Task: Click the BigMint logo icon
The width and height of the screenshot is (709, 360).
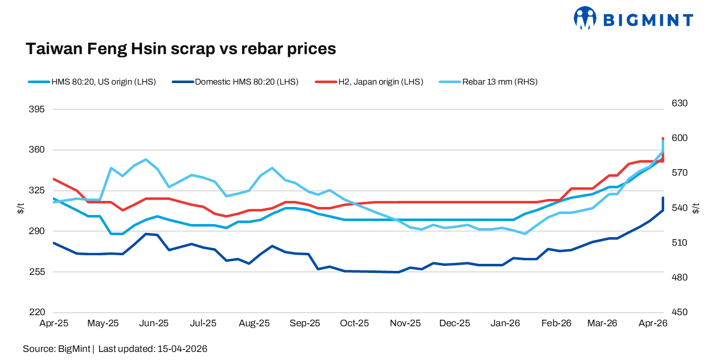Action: pyautogui.click(x=585, y=18)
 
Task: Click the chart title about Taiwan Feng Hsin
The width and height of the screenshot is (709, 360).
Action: pyautogui.click(x=181, y=49)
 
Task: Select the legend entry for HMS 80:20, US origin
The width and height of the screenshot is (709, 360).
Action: pyautogui.click(x=92, y=82)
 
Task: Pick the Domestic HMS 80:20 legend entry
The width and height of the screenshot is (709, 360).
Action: pyautogui.click(x=235, y=82)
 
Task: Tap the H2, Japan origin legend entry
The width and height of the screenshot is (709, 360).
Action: pyautogui.click(x=369, y=82)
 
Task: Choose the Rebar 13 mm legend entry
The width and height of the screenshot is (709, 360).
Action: pyautogui.click(x=488, y=82)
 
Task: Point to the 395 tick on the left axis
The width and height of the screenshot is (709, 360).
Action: pyautogui.click(x=37, y=109)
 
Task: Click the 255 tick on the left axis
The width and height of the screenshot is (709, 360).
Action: pyautogui.click(x=37, y=272)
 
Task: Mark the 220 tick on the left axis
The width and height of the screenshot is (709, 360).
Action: pyautogui.click(x=37, y=312)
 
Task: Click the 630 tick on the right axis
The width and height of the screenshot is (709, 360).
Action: pyautogui.click(x=680, y=103)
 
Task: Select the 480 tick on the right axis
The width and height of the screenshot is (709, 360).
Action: pyautogui.click(x=680, y=277)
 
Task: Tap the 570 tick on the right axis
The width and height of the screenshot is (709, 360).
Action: pyautogui.click(x=680, y=173)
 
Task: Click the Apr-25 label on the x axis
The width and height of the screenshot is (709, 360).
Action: pyautogui.click(x=54, y=323)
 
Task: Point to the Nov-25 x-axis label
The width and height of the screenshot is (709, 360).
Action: pyautogui.click(x=405, y=323)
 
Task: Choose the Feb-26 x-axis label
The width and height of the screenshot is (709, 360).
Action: pyautogui.click(x=556, y=323)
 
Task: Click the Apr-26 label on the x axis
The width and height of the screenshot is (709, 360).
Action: pyautogui.click(x=653, y=323)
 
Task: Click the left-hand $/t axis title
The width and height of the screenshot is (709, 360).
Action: pyautogui.click(x=21, y=208)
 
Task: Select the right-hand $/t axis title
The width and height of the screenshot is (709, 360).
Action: pyautogui.click(x=696, y=208)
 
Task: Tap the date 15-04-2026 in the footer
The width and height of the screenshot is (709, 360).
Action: pyautogui.click(x=182, y=349)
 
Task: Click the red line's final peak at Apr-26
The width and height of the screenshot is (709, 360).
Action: pyautogui.click(x=663, y=138)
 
